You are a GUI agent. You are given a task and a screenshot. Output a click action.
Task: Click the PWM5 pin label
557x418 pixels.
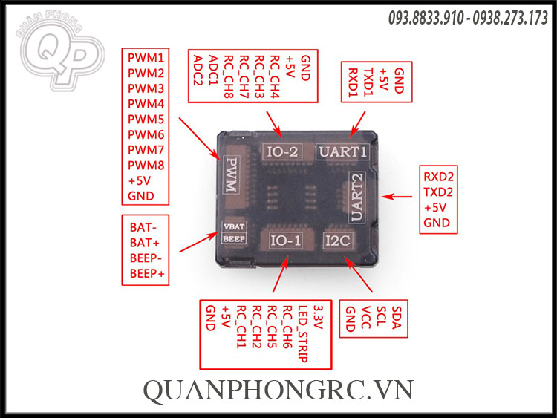coord(146,120)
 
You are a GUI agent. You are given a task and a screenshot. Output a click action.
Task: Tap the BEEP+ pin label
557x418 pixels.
coord(147,274)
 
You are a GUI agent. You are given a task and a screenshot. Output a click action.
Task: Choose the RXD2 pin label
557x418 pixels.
coord(438,177)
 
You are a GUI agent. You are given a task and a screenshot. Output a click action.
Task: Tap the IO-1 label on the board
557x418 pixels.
coord(286,241)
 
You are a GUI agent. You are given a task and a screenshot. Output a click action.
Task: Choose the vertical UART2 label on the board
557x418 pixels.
coord(356,197)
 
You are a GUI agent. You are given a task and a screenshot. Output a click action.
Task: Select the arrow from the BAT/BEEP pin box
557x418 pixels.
coord(200,241)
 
